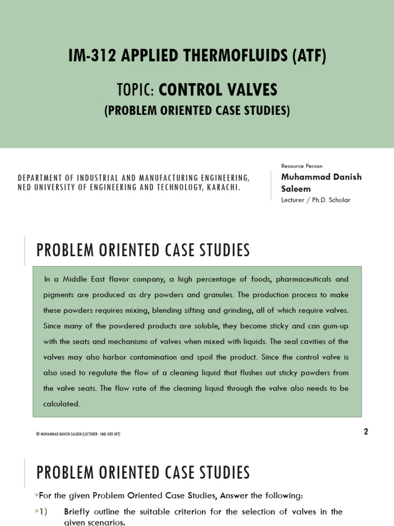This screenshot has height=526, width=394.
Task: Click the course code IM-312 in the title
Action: (x=88, y=56)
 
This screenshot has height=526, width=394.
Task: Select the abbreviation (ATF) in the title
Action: (x=309, y=56)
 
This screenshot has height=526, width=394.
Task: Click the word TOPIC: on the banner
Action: (x=135, y=90)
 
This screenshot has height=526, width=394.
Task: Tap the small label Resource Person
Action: (x=302, y=166)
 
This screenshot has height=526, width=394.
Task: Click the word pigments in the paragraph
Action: (x=60, y=295)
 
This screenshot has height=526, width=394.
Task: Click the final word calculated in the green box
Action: (x=62, y=404)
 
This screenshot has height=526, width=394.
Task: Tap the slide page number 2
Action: (x=366, y=431)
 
